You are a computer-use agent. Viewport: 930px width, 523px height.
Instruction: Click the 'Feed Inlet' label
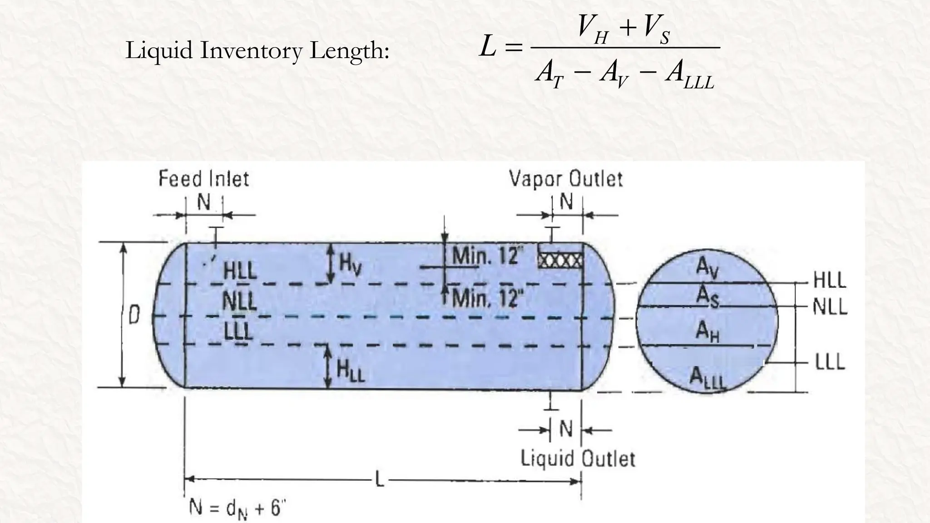point(204,179)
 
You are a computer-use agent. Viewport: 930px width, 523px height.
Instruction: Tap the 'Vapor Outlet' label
point(565,179)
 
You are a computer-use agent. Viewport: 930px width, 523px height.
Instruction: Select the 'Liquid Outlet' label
point(578,459)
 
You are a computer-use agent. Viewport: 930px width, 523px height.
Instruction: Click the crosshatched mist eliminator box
point(560,260)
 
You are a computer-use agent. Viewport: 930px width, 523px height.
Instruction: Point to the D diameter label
point(134,315)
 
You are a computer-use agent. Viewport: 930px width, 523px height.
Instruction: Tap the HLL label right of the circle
point(830,281)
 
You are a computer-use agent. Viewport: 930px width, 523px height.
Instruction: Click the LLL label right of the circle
point(830,362)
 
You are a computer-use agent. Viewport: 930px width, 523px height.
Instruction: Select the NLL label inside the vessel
point(240,301)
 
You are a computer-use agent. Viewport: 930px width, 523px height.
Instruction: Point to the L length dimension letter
point(379,480)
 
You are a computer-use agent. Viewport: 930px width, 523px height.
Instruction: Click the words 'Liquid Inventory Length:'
point(257,50)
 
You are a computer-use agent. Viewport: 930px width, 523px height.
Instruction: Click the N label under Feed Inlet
point(204,202)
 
